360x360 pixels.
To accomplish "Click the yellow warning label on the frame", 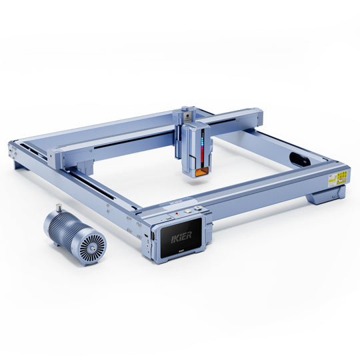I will point(341,177).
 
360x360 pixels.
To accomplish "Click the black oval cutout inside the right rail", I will point(298,159).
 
